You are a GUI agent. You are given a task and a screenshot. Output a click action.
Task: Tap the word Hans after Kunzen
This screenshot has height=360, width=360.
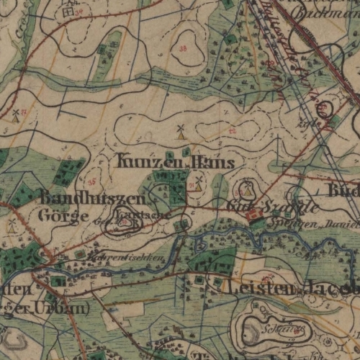point(213,163)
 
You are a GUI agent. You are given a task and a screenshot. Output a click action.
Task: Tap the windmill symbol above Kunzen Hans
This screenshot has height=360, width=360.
point(181,132)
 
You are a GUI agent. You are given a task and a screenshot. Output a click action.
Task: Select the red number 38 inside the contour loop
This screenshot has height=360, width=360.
point(182,48)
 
